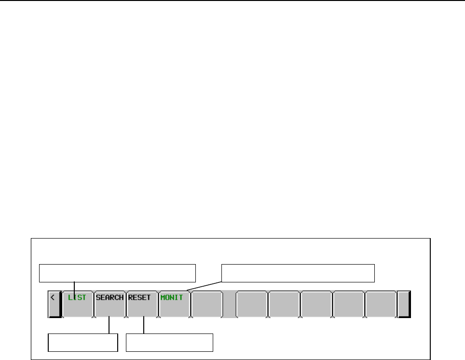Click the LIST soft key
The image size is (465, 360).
tap(77, 304)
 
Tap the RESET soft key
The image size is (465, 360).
tap(142, 304)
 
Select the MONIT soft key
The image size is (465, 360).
tap(174, 304)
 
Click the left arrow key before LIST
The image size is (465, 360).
tap(54, 304)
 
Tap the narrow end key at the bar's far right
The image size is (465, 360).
tap(404, 304)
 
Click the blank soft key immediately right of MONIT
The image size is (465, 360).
tap(206, 304)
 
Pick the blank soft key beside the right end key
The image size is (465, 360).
tap(381, 304)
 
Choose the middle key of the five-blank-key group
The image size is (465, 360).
tap(316, 304)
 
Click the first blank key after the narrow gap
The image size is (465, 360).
tap(252, 304)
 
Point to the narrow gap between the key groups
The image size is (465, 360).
tap(229, 304)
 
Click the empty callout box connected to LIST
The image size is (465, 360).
tap(118, 272)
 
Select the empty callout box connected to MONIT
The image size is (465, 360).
tap(298, 272)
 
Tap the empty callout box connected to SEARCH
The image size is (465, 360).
tap(83, 342)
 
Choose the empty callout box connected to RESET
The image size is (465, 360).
tap(169, 342)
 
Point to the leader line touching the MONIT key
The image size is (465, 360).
tap(203, 285)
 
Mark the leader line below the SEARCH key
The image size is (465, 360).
tap(109, 325)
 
